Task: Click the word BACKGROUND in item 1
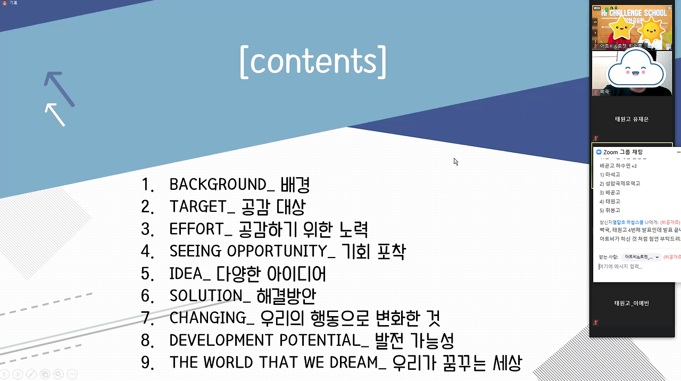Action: tap(218, 185)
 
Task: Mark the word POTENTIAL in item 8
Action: tap(317, 341)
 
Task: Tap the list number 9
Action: tap(146, 363)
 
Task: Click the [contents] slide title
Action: tap(313, 62)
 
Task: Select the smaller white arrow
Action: tap(55, 114)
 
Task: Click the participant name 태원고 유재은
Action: tap(632, 119)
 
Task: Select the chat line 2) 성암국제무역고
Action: tap(620, 184)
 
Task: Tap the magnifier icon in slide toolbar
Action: tap(58, 374)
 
